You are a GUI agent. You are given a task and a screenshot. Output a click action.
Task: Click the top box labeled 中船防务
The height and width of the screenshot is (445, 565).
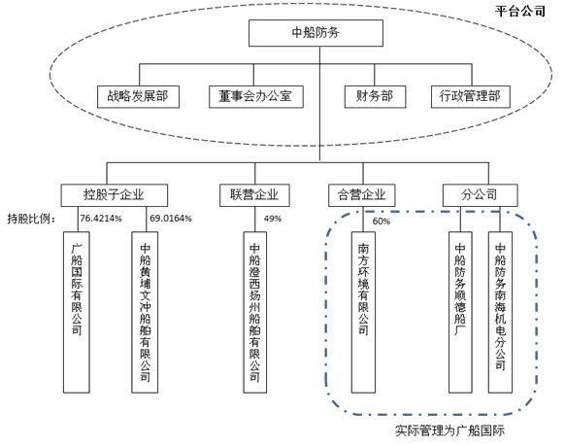(316, 33)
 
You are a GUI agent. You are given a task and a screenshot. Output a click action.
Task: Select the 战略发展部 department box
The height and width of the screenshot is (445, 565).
(138, 96)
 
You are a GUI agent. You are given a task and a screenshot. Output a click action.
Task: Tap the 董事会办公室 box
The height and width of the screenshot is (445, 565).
(256, 96)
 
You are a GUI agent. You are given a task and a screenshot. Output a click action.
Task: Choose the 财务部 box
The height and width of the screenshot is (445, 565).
(375, 96)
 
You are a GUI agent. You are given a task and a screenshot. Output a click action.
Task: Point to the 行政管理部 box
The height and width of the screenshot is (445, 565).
(471, 96)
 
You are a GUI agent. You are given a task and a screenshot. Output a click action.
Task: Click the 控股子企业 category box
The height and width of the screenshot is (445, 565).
(114, 195)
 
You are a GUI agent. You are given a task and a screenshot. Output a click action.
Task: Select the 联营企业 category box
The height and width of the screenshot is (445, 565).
(254, 195)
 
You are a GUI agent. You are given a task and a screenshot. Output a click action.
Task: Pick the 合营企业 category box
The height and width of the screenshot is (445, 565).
(362, 195)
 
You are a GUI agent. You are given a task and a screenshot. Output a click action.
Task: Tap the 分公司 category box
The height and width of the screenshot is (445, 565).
(480, 195)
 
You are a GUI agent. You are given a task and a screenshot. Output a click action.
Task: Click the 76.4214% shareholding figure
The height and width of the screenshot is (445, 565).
(101, 219)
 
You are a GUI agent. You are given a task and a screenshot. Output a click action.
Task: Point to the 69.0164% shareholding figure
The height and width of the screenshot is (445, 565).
(171, 219)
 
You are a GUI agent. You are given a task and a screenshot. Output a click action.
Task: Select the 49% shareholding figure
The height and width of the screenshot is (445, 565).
(273, 219)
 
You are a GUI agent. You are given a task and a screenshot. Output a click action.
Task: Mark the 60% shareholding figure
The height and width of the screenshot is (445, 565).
(382, 222)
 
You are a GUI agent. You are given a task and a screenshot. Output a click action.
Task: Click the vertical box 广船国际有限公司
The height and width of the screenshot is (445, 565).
(77, 312)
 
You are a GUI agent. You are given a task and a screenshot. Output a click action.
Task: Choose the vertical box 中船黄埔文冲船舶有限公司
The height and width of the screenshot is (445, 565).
(145, 312)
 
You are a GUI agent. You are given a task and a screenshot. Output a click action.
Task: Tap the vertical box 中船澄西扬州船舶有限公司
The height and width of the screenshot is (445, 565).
(254, 312)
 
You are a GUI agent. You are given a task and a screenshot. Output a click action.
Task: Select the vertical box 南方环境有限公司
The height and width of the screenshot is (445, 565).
(363, 312)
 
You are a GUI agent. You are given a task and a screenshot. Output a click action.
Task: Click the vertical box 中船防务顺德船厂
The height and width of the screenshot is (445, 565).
(460, 312)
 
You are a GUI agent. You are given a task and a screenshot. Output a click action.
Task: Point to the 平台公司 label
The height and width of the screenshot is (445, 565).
(520, 12)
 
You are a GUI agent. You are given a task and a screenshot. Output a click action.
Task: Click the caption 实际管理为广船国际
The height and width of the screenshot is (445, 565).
(449, 430)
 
